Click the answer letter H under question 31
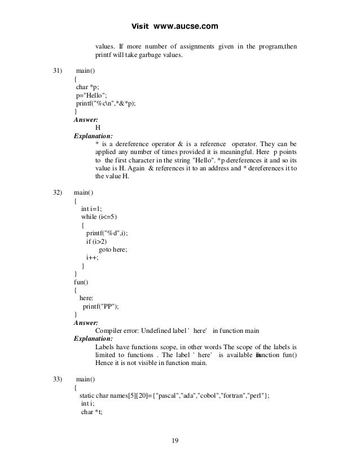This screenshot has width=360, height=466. (x=99, y=128)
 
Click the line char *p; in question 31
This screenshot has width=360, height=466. (x=87, y=87)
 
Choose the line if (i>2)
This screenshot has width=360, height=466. (x=97, y=241)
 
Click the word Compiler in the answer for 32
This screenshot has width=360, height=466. (x=110, y=331)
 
